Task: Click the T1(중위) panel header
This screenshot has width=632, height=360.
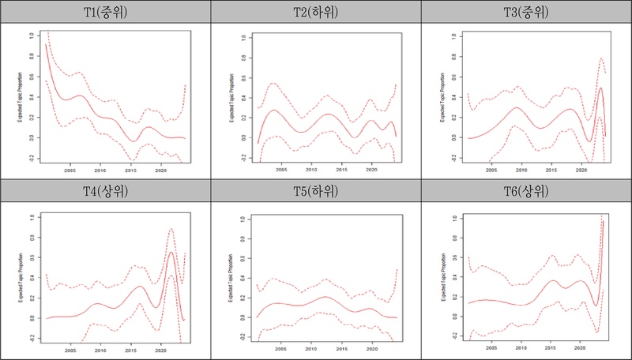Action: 105,13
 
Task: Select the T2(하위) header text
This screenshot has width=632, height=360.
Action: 315,13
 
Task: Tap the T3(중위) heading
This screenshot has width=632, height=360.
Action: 526,13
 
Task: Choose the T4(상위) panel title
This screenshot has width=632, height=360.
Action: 105,192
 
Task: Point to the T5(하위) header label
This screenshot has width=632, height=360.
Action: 315,192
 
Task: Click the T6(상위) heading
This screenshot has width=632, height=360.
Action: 526,192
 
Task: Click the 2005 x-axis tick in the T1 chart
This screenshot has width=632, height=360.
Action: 70,170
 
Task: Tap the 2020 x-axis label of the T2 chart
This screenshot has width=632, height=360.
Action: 371,170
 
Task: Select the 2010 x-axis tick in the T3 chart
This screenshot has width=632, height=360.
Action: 521,170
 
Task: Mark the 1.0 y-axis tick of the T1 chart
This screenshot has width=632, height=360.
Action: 32,36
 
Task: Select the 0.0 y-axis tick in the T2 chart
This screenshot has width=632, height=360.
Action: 243,137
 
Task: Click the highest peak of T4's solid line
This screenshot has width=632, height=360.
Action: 171,253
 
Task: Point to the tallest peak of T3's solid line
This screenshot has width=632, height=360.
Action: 601,88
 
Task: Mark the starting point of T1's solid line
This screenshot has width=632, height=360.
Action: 46,44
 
